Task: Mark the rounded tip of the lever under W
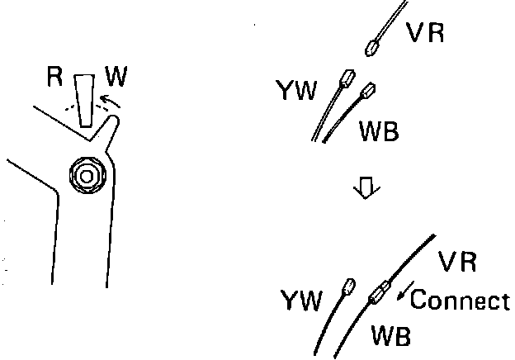coord(116,123)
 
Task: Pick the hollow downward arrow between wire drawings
coord(363,191)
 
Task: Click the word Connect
coord(460,300)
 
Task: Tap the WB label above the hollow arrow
coord(379,131)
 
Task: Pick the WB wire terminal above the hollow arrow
coord(368,92)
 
